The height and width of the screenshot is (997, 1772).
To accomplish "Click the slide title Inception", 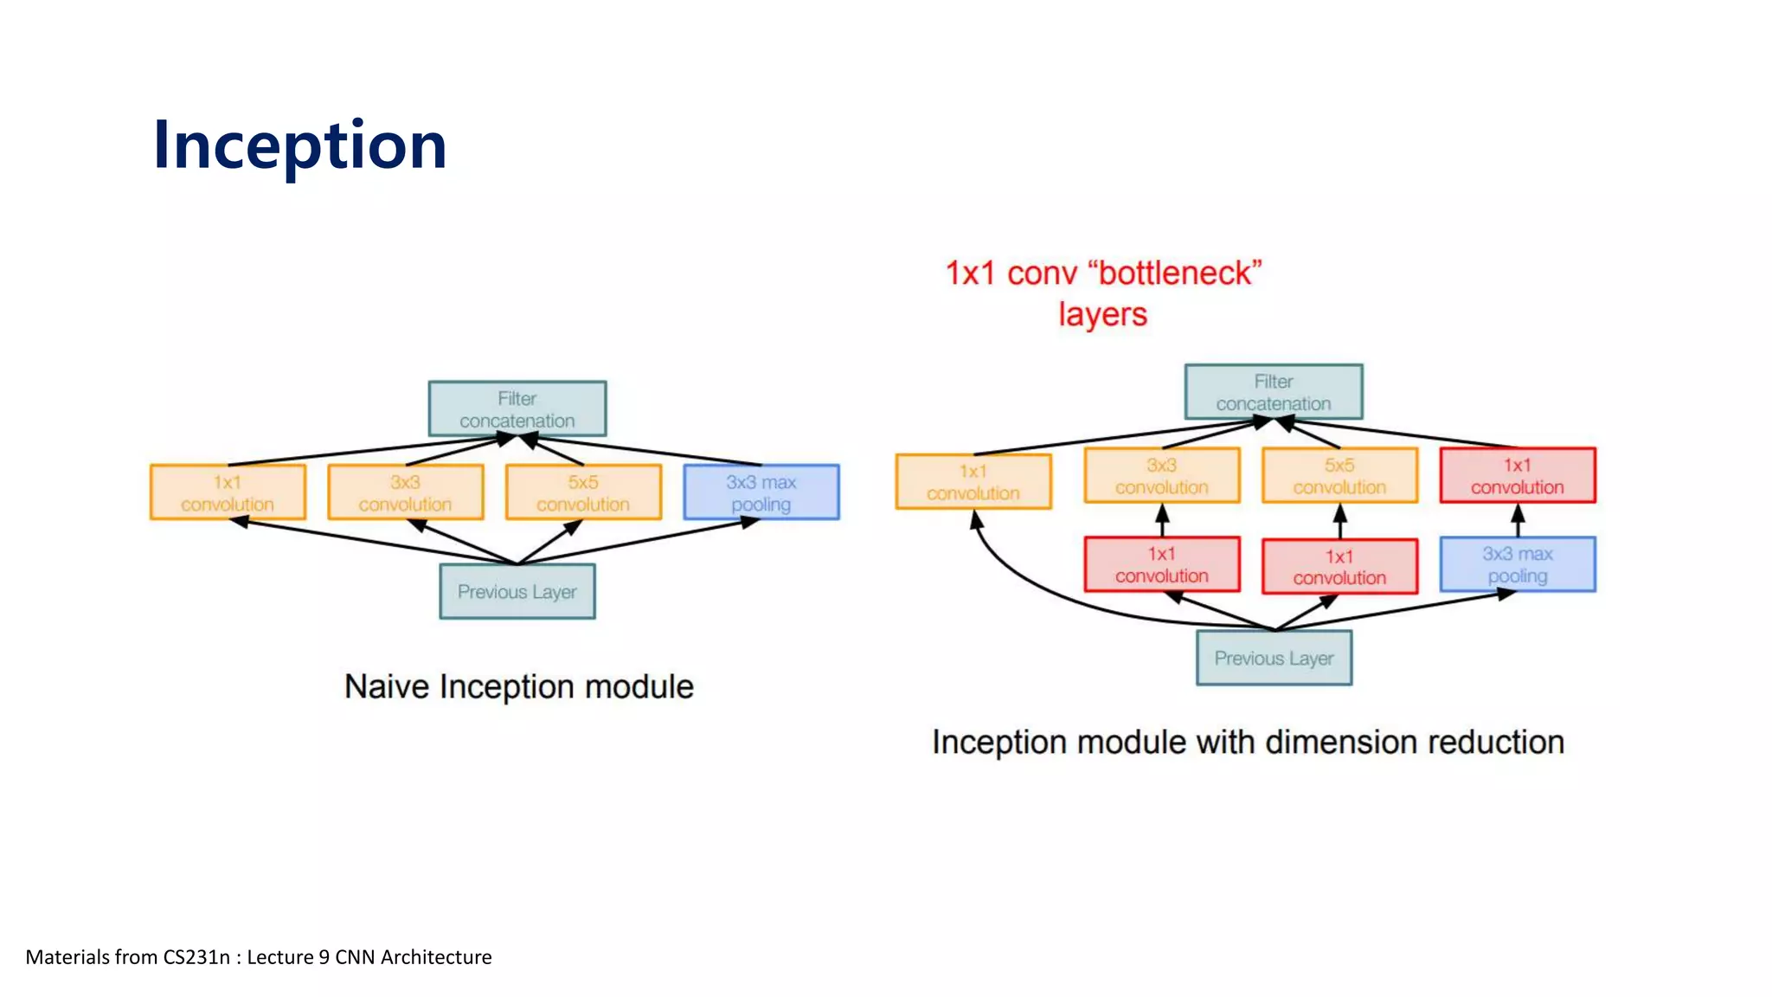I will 299,145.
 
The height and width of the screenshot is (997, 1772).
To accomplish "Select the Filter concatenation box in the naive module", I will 517,408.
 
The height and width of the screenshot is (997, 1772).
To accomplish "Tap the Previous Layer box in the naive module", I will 517,592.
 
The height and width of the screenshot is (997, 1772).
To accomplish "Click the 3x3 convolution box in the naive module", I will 405,492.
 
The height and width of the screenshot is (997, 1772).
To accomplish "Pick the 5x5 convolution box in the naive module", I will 583,492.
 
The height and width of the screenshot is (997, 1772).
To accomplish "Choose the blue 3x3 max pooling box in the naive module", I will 761,492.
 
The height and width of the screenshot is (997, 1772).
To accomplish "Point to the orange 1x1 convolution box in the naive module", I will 228,492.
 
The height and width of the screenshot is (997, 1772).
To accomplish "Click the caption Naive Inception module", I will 519,686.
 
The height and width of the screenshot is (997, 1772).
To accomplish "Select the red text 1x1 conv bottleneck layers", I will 1103,293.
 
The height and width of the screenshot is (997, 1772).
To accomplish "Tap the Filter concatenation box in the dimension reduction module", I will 1274,392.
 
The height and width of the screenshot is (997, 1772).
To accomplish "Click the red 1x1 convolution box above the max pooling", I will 1518,475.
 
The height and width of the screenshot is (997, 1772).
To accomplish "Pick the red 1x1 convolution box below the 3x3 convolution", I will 1162,564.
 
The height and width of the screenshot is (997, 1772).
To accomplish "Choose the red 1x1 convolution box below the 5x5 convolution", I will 1339,567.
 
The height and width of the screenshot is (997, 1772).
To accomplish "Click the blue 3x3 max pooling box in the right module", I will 1518,564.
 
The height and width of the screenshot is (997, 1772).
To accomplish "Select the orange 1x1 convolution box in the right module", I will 973,482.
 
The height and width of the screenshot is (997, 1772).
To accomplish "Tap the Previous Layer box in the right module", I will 1274,659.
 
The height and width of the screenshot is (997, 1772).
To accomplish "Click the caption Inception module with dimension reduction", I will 1248,743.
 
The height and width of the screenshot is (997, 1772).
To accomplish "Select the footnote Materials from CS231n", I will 259,957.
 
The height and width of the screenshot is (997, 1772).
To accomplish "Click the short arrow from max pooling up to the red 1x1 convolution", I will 1518,521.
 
